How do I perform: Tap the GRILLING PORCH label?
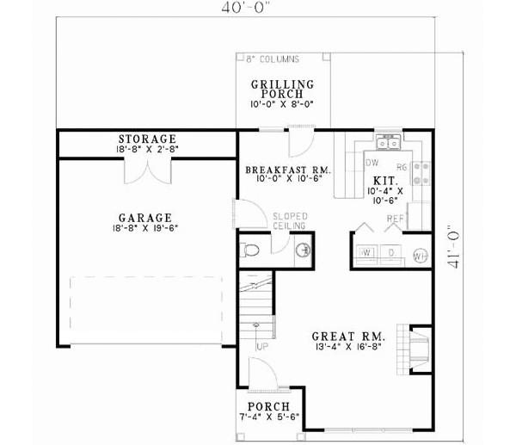tap(282, 90)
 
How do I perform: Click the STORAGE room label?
tap(148, 139)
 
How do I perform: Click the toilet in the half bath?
tap(250, 250)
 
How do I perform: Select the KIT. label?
tap(384, 182)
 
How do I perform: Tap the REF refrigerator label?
tap(395, 219)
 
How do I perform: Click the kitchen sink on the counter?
tap(386, 140)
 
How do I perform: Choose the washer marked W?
tap(365, 253)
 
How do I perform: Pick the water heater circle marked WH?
tap(418, 256)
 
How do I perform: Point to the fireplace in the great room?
tap(418, 347)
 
